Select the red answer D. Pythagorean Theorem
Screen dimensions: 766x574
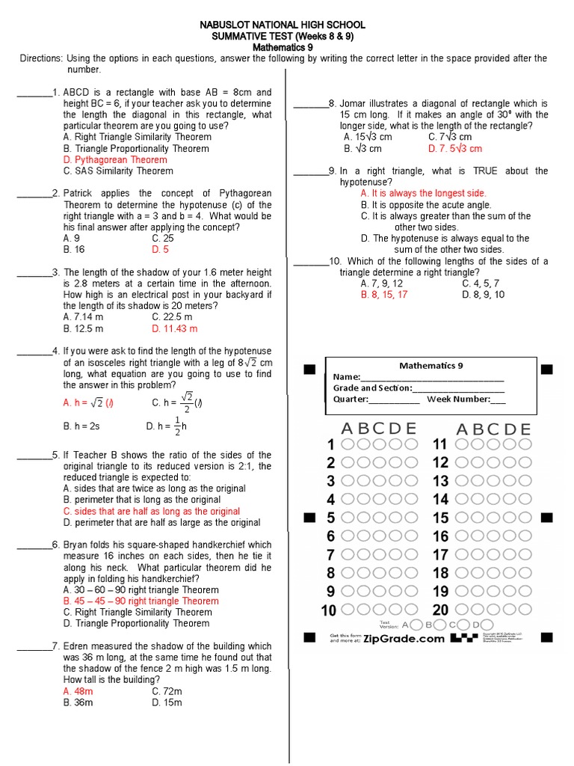(115, 159)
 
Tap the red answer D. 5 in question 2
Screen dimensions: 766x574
(160, 250)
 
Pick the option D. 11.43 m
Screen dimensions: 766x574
(174, 328)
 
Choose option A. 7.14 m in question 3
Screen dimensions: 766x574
(84, 317)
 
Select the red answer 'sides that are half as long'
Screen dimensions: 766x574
(152, 512)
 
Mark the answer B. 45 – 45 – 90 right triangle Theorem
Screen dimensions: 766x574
(141, 601)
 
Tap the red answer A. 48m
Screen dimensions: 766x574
(78, 691)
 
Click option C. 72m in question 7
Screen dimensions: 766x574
(167, 691)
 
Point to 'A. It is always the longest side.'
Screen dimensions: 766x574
(423, 193)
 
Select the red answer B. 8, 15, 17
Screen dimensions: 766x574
(384, 295)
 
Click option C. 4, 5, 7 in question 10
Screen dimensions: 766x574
(481, 284)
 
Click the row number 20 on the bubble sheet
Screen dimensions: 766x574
(440, 610)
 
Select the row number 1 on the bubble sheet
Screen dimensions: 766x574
(330, 445)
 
